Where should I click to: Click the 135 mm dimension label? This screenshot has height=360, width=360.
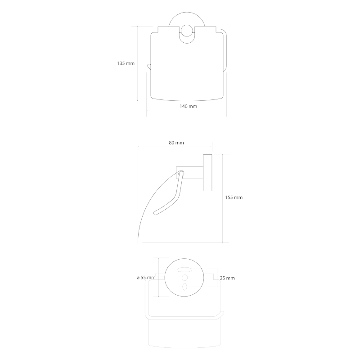[x=126, y=63]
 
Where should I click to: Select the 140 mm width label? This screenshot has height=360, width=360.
[x=188, y=106]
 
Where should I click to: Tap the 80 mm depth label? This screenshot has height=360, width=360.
[x=176, y=143]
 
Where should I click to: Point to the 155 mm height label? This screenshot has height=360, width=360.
[x=234, y=197]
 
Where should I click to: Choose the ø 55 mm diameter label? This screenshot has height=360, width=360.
[x=146, y=278]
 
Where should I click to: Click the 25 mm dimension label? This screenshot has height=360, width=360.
[x=227, y=278]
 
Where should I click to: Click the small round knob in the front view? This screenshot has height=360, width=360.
[x=187, y=31]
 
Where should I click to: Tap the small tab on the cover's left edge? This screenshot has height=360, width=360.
[x=149, y=67]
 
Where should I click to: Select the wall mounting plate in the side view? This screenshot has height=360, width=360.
[x=207, y=173]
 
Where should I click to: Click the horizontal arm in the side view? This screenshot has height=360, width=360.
[x=189, y=173]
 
